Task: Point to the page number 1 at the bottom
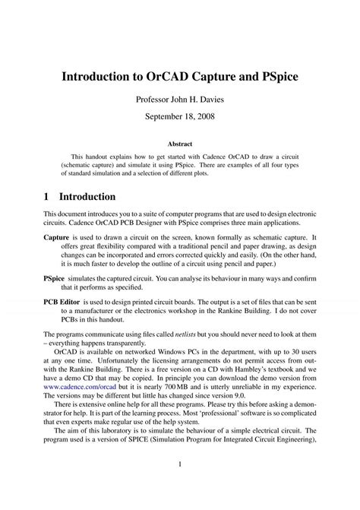[180, 485]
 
